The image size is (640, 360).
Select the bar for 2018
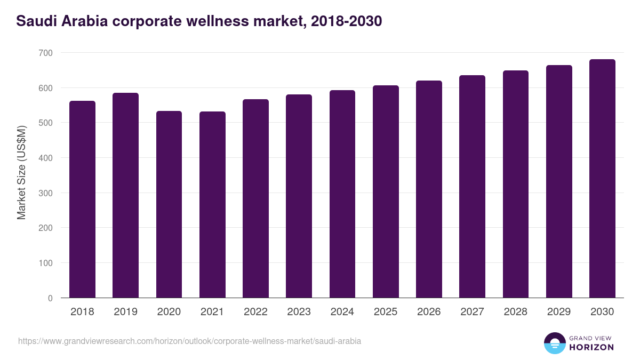82,199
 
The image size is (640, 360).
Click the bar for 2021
212,205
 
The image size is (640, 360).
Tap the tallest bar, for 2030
602,179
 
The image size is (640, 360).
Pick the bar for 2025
386,191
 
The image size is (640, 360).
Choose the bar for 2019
125,195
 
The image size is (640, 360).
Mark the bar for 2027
472,187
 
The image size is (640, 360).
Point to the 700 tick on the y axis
45,53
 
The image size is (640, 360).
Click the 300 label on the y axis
45,193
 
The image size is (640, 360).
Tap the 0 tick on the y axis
50,298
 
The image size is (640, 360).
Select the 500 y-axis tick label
45,123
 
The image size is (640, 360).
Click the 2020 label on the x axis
169,312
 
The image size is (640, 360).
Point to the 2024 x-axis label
342,312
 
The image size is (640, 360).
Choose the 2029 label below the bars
558,312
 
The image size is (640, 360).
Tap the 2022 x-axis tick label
255,312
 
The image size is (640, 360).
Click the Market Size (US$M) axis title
21,172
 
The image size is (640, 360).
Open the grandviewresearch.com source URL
189,341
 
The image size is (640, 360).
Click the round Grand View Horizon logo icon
554,343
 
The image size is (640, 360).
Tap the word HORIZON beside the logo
591,347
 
